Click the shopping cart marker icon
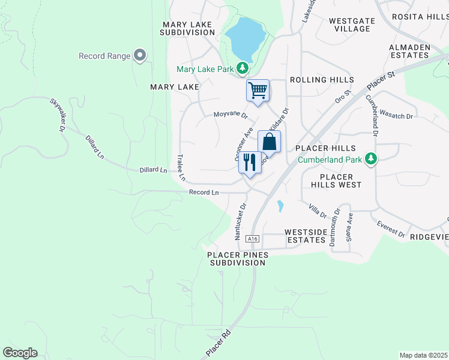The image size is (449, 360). coord(258,91)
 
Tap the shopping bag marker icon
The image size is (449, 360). coord(270,142)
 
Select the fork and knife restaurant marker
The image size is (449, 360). coord(250,162)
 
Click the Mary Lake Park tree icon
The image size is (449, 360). coord(242,69)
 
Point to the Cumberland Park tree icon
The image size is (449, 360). coord(372,159)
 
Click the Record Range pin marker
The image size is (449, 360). coord(140,56)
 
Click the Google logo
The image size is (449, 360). coord(20,353)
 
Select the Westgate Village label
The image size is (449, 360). coord(352,25)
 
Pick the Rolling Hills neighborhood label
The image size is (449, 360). coord(322,80)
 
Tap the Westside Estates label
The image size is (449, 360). coord(305,236)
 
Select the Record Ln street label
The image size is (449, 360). coord(204,193)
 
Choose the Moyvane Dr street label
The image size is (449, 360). coord(231,114)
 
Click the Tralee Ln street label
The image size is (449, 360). coord(180,168)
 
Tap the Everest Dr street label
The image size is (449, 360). coord(391,229)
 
